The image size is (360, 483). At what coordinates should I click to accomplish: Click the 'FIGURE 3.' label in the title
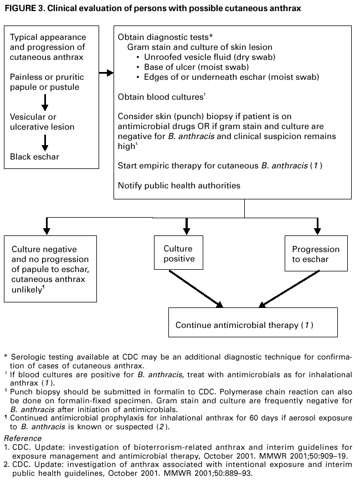point(22,9)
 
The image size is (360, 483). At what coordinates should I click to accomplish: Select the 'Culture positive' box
point(179,254)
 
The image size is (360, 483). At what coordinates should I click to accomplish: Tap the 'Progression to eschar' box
point(316,254)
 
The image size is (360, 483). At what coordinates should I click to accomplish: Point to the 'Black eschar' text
point(34,157)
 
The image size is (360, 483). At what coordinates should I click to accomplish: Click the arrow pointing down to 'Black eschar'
point(45,142)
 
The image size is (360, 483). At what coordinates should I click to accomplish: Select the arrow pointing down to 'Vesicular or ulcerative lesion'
point(45,102)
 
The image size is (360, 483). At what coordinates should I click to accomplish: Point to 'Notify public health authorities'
point(179,186)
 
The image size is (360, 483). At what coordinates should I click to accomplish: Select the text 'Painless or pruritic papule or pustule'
point(45,83)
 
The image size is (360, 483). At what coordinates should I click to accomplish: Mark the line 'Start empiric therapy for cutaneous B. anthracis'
point(220,166)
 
